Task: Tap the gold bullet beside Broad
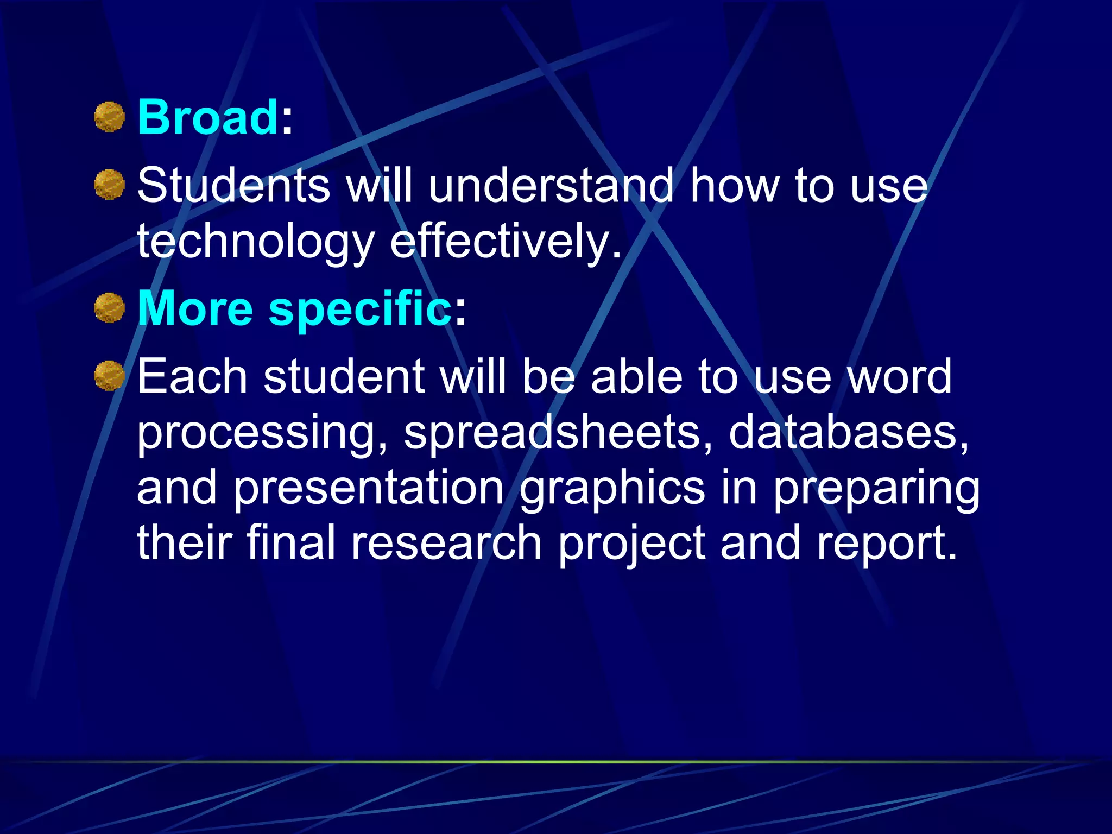(x=110, y=117)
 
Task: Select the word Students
(x=233, y=186)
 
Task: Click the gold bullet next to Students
(x=110, y=185)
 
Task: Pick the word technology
(x=256, y=242)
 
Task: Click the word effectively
(x=505, y=242)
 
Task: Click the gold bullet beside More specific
(x=110, y=308)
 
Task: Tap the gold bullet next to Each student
(x=110, y=376)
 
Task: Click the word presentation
(x=369, y=489)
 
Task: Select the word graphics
(x=612, y=489)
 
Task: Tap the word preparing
(x=876, y=489)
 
